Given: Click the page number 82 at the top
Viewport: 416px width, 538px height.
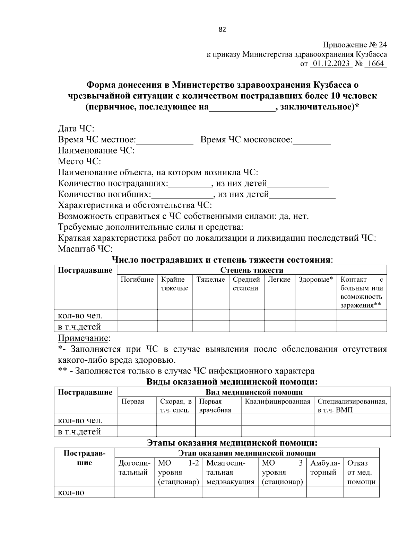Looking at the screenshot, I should pyautogui.click(x=222, y=30).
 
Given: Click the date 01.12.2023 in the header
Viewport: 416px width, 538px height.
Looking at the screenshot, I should pyautogui.click(x=331, y=64).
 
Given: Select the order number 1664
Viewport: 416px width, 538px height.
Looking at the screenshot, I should pyautogui.click(x=376, y=64).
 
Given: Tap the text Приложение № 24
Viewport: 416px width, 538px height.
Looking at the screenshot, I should pyautogui.click(x=355, y=45).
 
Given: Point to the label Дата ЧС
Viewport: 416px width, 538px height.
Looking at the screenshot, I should pyautogui.click(x=76, y=129).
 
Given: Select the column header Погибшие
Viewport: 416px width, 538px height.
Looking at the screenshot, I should pyautogui.click(x=137, y=280).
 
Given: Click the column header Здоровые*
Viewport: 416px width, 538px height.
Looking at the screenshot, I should pyautogui.click(x=315, y=280).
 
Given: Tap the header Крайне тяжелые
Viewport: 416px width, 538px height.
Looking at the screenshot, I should pyautogui.click(x=175, y=284).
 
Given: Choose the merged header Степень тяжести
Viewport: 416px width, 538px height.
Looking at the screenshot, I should pyautogui.click(x=252, y=270).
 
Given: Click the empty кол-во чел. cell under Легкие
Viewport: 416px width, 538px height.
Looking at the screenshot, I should pyautogui.click(x=279, y=315).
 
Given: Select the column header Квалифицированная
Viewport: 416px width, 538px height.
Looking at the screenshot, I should pyautogui.click(x=277, y=402).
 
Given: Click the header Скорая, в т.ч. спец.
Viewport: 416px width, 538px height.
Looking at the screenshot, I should pyautogui.click(x=176, y=406).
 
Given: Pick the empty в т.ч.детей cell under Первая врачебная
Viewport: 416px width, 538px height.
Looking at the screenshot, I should pyautogui.click(x=218, y=431).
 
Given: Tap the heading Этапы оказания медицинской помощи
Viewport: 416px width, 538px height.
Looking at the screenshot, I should pyautogui.click(x=232, y=443).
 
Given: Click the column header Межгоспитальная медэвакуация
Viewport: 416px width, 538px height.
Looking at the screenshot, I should pyautogui.click(x=230, y=472).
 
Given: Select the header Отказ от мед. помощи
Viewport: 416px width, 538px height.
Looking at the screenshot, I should pyautogui.click(x=361, y=472).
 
